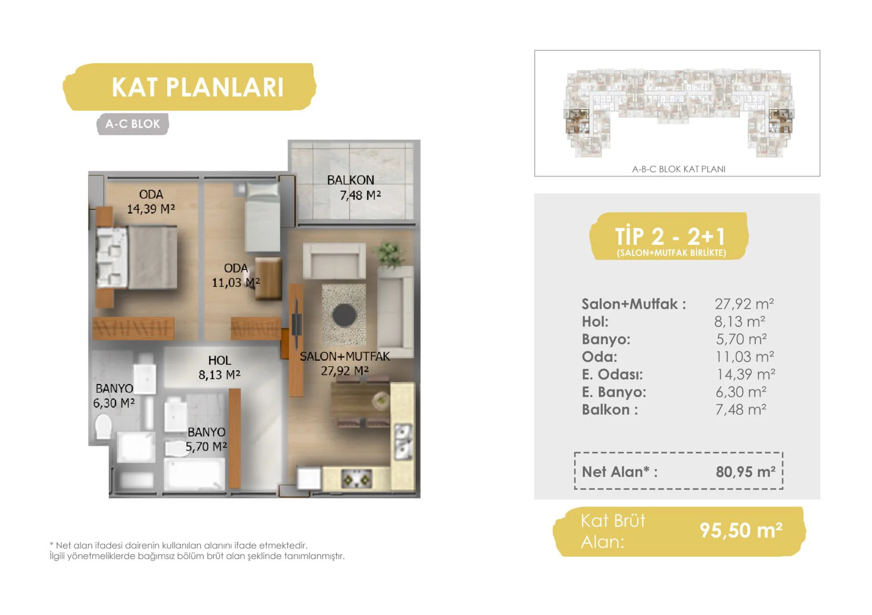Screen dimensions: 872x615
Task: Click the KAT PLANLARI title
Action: (198, 87)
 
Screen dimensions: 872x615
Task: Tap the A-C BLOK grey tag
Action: (133, 124)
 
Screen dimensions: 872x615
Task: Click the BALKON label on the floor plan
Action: (351, 180)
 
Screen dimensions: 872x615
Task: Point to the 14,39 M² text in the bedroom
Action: (151, 209)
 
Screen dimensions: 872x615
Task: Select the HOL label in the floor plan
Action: (219, 360)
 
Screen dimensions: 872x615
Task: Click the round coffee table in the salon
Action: (344, 315)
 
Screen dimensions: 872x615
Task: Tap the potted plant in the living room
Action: (389, 254)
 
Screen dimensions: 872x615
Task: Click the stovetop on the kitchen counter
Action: (356, 478)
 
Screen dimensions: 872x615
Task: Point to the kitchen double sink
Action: (403, 441)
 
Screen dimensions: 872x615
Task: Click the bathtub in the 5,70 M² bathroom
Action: (194, 473)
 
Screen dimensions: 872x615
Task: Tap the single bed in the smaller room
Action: (263, 217)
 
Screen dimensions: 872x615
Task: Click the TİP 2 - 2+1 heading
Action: (670, 236)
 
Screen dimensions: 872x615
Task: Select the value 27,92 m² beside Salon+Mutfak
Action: (744, 304)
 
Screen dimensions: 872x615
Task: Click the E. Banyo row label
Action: (614, 392)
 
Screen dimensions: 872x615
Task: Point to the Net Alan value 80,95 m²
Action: (745, 472)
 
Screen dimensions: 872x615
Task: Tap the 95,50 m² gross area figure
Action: (741, 530)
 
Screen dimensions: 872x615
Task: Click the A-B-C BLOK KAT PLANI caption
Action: (679, 169)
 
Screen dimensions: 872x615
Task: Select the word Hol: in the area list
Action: (595, 322)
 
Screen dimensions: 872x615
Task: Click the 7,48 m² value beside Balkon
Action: (741, 410)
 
